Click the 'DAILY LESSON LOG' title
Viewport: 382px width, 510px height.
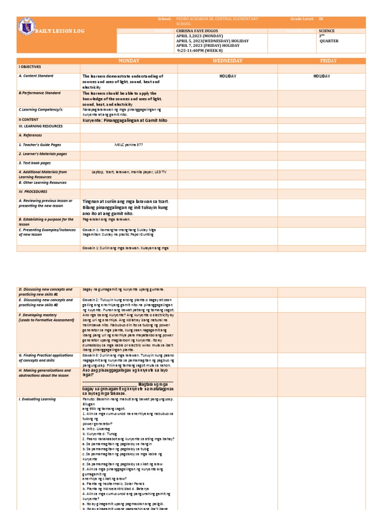pos(60,31)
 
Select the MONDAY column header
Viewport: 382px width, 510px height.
pos(129,61)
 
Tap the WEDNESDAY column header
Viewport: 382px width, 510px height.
pos(227,61)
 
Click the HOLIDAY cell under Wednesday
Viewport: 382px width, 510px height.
pos(227,76)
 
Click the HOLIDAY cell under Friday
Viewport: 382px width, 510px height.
pos(322,76)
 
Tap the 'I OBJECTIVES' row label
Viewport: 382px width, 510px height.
pos(30,66)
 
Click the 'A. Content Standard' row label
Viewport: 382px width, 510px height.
pos(36,76)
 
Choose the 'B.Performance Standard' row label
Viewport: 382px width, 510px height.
pos(40,93)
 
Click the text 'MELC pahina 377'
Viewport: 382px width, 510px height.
pos(128,144)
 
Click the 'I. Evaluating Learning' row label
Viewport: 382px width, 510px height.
pos(37,399)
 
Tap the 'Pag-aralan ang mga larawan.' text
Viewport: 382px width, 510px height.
pos(106,219)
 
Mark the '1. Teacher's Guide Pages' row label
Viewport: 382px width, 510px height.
pos(40,144)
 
